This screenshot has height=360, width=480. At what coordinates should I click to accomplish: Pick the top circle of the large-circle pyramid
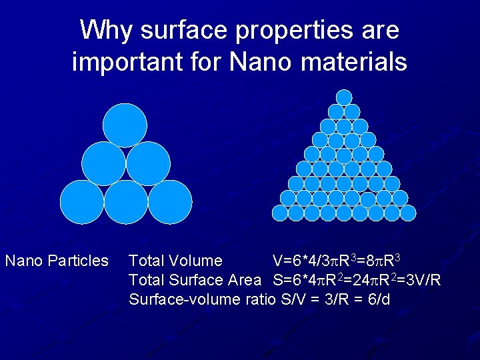point(125,125)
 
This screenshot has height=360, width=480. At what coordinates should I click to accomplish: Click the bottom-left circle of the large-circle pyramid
point(82,202)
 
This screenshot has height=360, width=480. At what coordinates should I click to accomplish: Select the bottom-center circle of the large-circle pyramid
point(126,202)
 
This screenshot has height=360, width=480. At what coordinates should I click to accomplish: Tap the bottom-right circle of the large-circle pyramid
point(170,202)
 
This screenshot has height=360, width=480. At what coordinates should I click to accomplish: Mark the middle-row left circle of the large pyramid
point(103,163)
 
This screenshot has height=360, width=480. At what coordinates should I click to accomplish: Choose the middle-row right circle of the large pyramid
point(148,163)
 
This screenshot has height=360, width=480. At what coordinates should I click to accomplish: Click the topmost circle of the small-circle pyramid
point(344,97)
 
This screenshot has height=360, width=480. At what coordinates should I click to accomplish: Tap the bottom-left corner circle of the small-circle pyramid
point(280,213)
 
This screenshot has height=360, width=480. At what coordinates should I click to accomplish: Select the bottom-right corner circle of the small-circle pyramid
point(408,213)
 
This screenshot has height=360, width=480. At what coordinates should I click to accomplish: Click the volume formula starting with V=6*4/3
point(336,260)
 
